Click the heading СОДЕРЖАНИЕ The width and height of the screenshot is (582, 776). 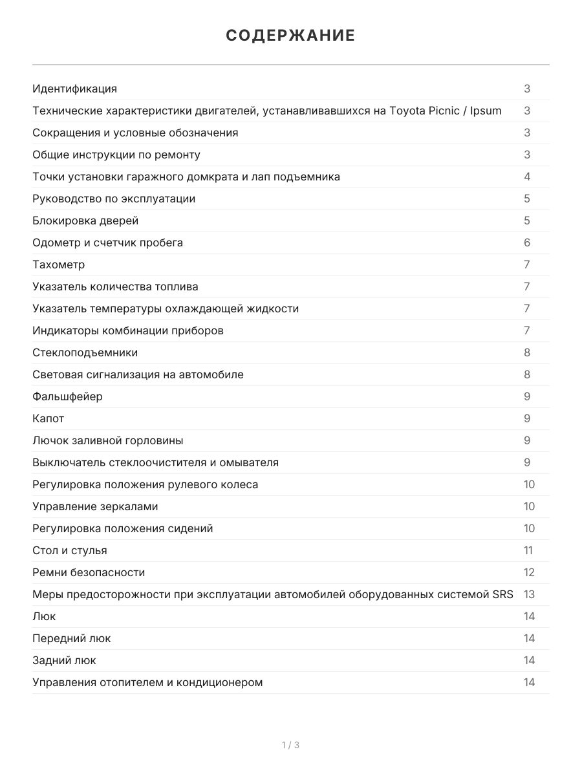[x=290, y=36]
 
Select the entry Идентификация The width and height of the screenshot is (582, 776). [x=74, y=89]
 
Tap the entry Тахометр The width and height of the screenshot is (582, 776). [x=58, y=264]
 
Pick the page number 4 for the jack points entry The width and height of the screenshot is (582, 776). [x=527, y=177]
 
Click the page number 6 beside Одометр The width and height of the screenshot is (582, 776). [x=527, y=242]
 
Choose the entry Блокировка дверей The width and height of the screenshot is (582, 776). [x=85, y=221]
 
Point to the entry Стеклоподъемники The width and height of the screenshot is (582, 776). [x=85, y=352]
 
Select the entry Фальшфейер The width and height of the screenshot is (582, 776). [x=67, y=396]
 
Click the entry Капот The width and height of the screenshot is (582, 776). [x=48, y=418]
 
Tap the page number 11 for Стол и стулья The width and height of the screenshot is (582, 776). [x=529, y=550]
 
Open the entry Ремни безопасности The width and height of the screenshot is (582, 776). [x=89, y=572]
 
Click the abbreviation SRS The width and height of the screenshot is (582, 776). [x=502, y=594]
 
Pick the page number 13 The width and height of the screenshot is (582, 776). [x=529, y=594]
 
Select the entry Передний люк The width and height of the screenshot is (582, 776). [x=72, y=638]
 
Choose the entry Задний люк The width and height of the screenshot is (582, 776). [x=64, y=660]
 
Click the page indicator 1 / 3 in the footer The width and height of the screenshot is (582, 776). [x=290, y=745]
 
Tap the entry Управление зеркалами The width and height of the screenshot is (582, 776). [x=95, y=506]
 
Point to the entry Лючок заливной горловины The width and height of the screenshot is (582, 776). [x=107, y=440]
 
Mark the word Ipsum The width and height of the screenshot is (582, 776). [x=485, y=111]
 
